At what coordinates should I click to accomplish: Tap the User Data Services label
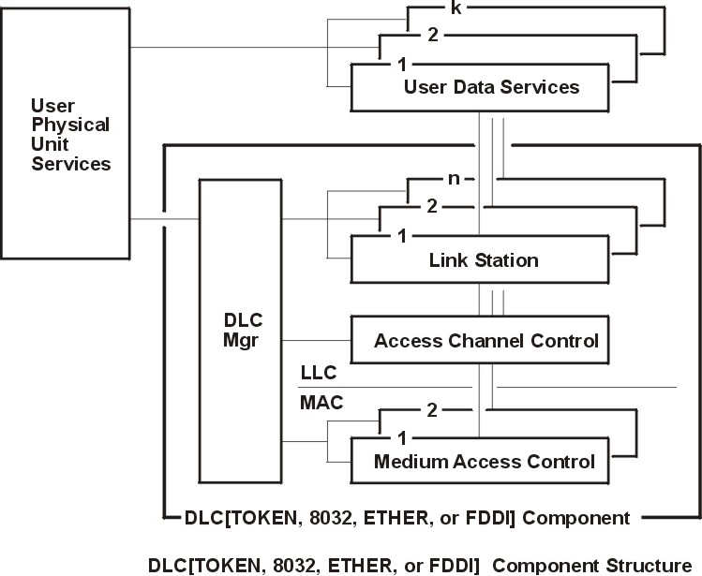(x=491, y=87)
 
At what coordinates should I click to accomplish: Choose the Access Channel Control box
(x=486, y=340)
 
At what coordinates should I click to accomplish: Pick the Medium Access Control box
(x=484, y=461)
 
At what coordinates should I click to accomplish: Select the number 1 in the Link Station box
(x=401, y=236)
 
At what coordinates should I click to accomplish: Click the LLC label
(x=319, y=372)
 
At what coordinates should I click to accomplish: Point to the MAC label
(x=321, y=405)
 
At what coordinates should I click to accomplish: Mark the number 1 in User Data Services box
(x=401, y=66)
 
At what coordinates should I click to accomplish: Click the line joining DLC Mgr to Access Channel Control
(x=319, y=340)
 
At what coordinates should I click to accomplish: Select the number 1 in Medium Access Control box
(x=401, y=438)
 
